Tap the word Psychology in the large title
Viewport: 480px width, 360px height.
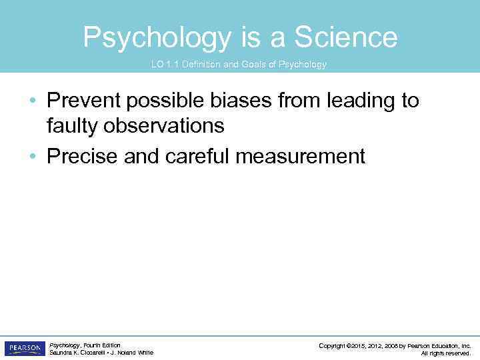(157, 37)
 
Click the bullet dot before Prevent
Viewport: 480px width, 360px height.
(33, 101)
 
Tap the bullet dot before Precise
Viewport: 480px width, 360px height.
(33, 157)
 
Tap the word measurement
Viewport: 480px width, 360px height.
(309, 157)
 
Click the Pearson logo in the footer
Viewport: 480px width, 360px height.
(24, 349)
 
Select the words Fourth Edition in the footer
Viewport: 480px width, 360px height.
(102, 345)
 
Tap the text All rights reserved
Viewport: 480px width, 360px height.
(446, 353)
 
